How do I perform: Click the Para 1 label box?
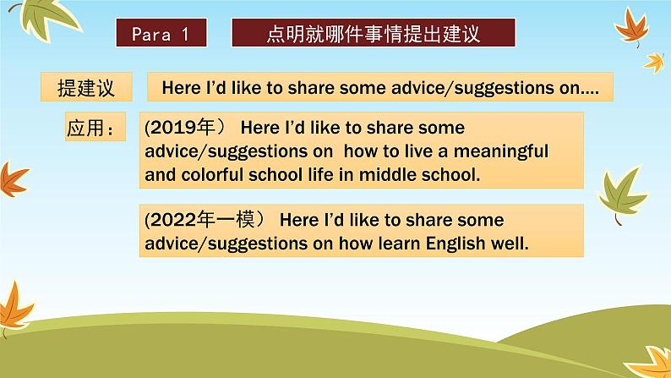161,32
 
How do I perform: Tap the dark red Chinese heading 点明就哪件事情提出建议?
374,32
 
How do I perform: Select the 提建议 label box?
86,87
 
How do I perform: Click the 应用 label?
95,127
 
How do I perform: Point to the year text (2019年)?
184,128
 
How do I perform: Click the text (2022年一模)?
204,220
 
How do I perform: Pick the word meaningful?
500,151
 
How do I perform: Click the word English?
456,244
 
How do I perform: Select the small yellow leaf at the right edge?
654,62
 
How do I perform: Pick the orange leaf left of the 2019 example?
13,179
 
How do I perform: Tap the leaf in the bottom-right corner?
651,362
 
